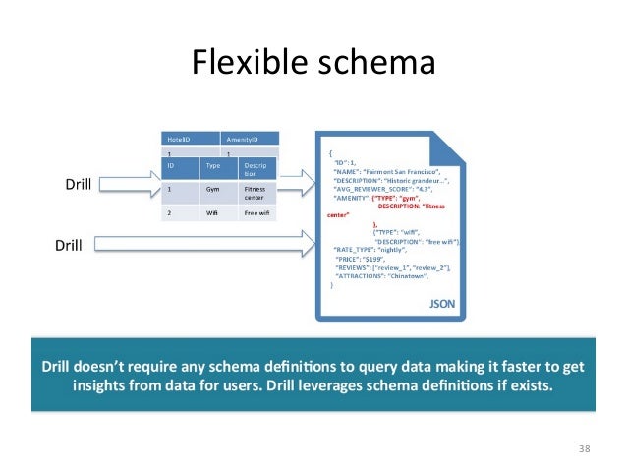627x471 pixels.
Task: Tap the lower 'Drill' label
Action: tap(69, 245)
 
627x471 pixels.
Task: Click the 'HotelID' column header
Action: tap(179, 140)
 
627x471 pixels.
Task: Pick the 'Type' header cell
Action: tap(212, 166)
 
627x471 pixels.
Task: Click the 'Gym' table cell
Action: tap(212, 190)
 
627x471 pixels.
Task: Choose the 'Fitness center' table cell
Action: tap(255, 193)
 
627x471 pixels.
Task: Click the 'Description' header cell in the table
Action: tap(255, 170)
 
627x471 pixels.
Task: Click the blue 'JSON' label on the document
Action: tap(442, 305)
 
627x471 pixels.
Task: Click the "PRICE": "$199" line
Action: tap(359, 259)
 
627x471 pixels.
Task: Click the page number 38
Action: tap(584, 449)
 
